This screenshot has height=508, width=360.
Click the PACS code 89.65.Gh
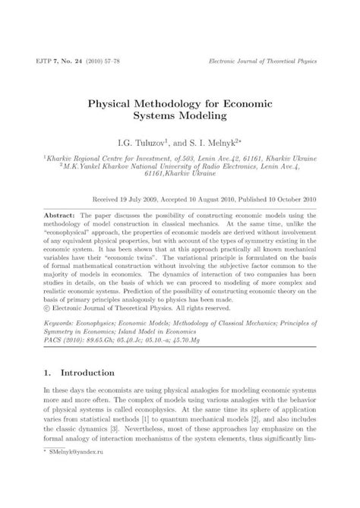[93, 341]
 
